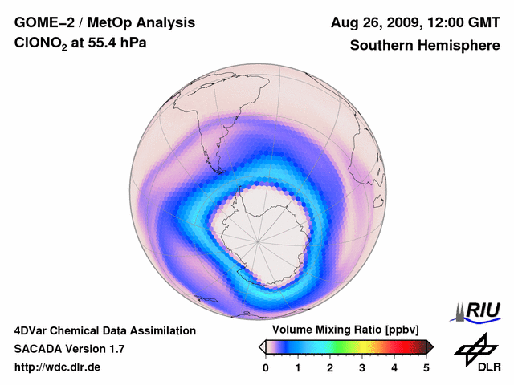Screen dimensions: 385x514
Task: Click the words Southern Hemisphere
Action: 424,46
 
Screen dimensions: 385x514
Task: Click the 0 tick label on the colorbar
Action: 266,367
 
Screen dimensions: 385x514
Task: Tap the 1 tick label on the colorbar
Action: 298,367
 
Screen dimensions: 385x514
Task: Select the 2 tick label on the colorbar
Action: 330,367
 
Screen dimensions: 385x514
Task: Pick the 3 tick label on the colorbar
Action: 362,367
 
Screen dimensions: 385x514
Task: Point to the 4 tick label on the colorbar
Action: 394,367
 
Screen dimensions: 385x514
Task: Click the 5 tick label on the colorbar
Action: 426,367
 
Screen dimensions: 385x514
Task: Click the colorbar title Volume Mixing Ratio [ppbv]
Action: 342,330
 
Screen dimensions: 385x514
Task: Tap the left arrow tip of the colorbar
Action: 261,346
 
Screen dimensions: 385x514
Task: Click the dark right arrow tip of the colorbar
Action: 430,346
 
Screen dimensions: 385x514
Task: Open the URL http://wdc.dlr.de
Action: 58,367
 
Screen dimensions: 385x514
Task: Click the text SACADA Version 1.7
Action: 69,349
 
